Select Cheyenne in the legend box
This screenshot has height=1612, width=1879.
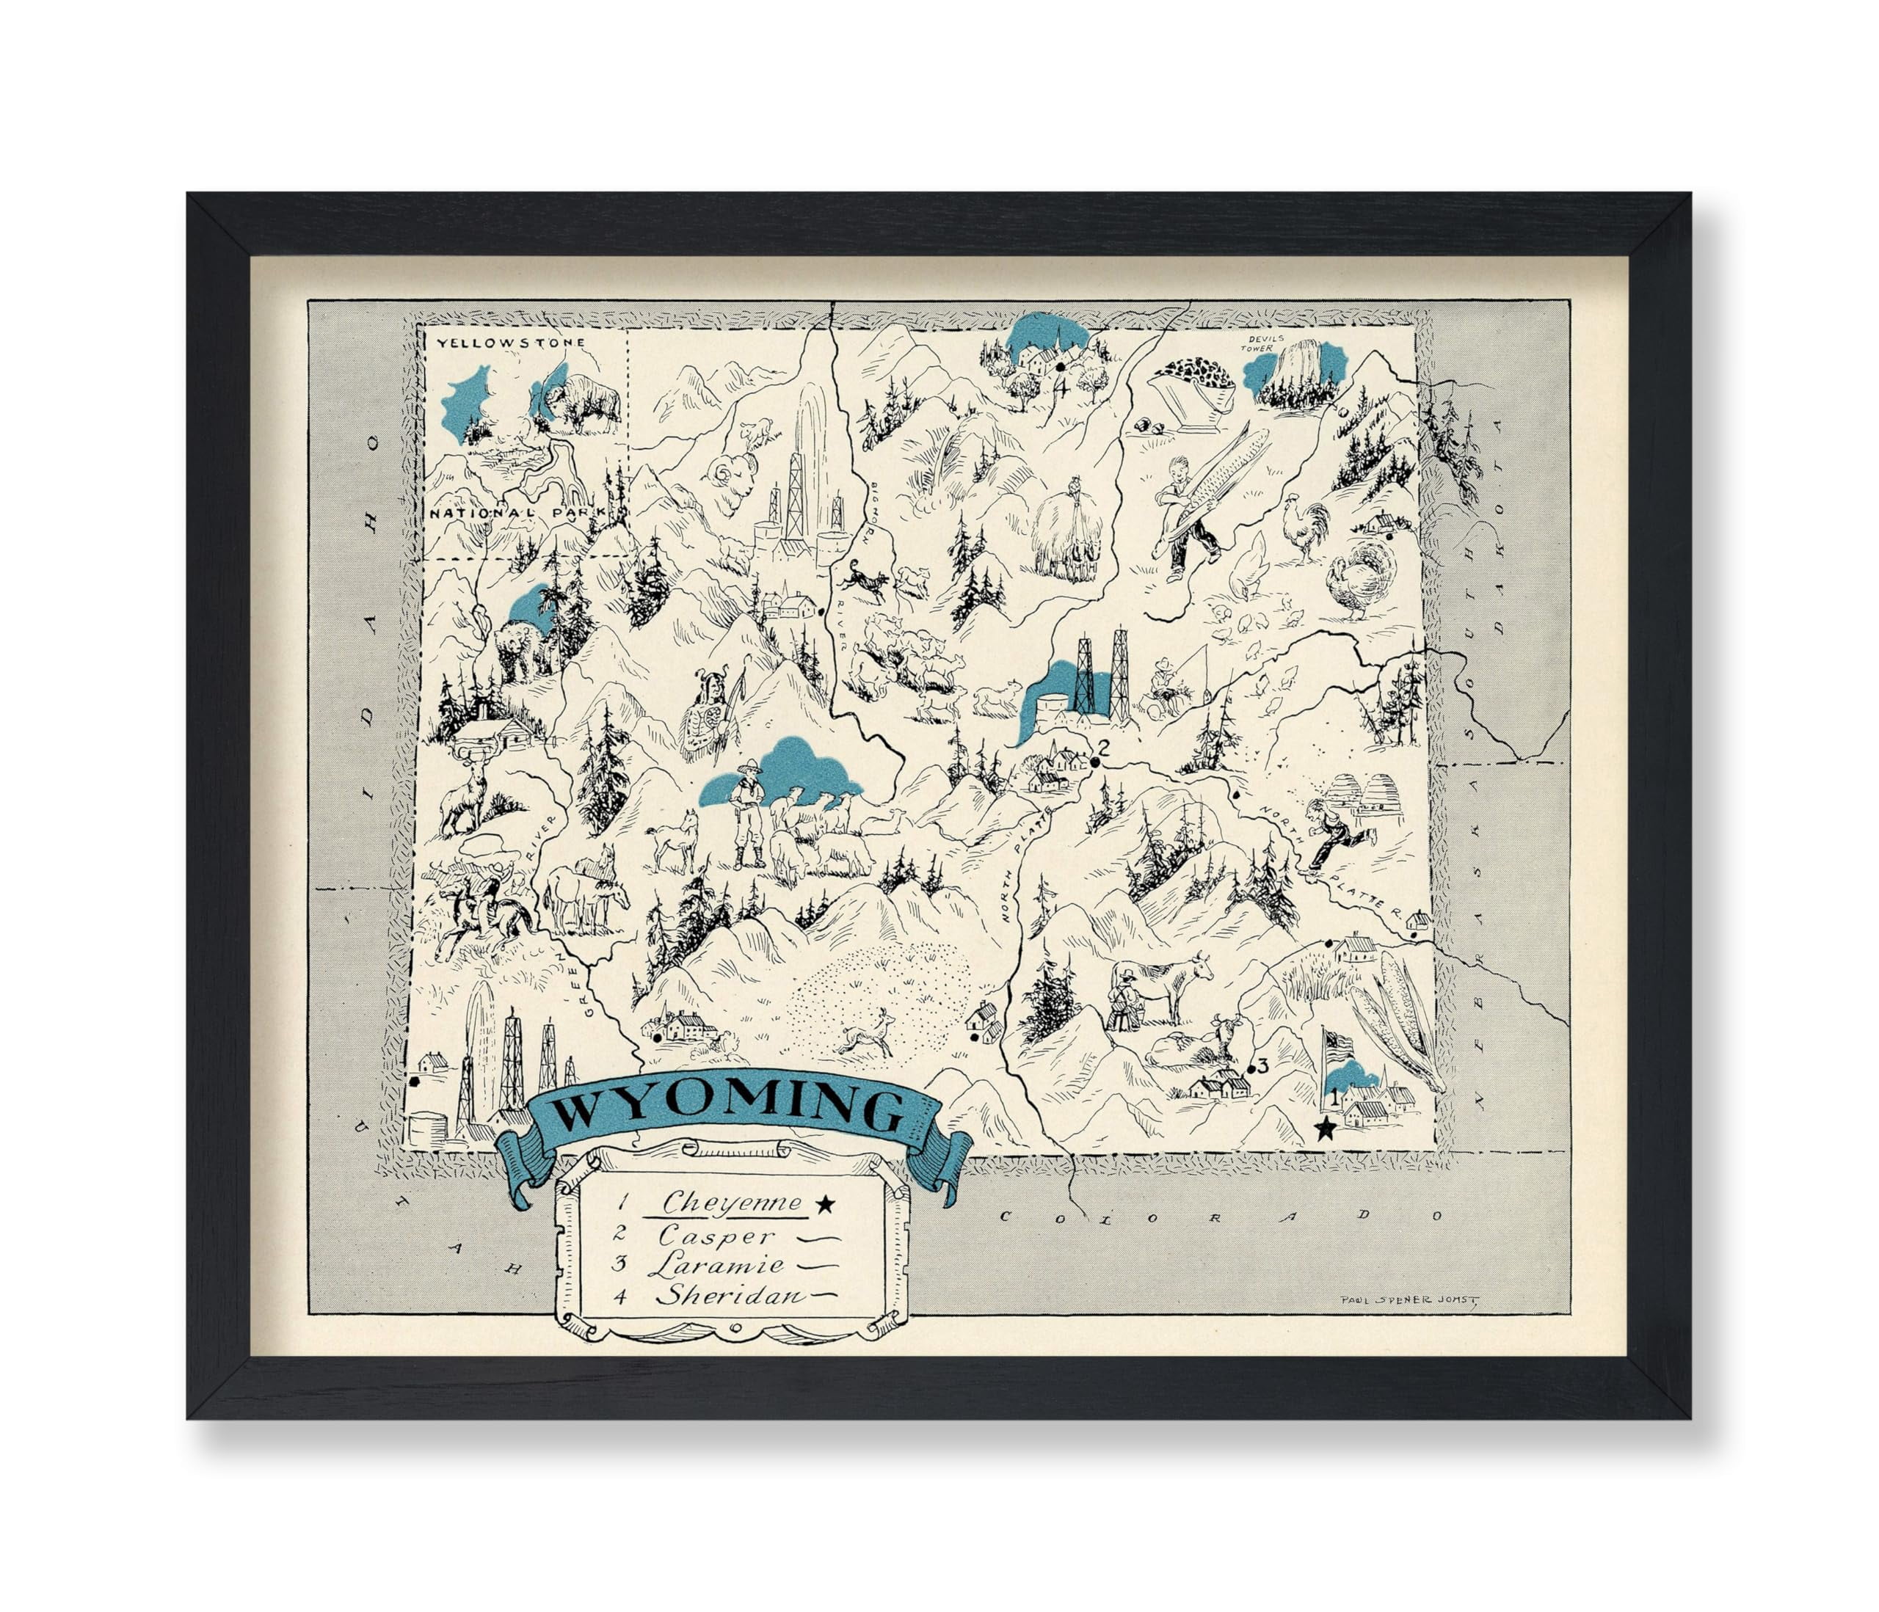[732, 1203]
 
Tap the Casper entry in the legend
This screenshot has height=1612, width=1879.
[716, 1235]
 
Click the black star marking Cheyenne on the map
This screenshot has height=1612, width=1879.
[1326, 1130]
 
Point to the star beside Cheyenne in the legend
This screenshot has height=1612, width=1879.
[824, 1204]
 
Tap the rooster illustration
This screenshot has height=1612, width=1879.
[1302, 527]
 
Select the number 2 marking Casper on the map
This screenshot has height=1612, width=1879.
[1104, 749]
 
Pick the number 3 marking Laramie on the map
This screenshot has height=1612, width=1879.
[1262, 1065]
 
